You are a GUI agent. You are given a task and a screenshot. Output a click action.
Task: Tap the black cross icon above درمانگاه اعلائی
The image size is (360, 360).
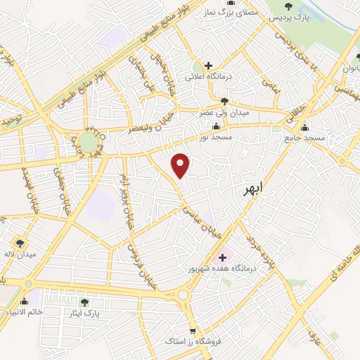click(x=208, y=65)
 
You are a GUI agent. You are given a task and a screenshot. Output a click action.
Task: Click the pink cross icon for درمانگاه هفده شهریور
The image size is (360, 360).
click(x=223, y=257)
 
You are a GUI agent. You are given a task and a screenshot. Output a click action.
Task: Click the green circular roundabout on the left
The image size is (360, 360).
click(x=88, y=143)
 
